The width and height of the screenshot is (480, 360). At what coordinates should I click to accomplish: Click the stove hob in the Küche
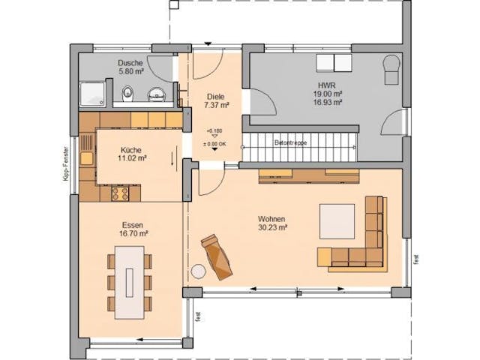120,193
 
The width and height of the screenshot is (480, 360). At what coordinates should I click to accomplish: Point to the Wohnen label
273,219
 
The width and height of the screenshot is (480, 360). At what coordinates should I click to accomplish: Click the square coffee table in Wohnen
337,220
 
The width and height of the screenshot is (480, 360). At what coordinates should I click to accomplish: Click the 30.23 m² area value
273,228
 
